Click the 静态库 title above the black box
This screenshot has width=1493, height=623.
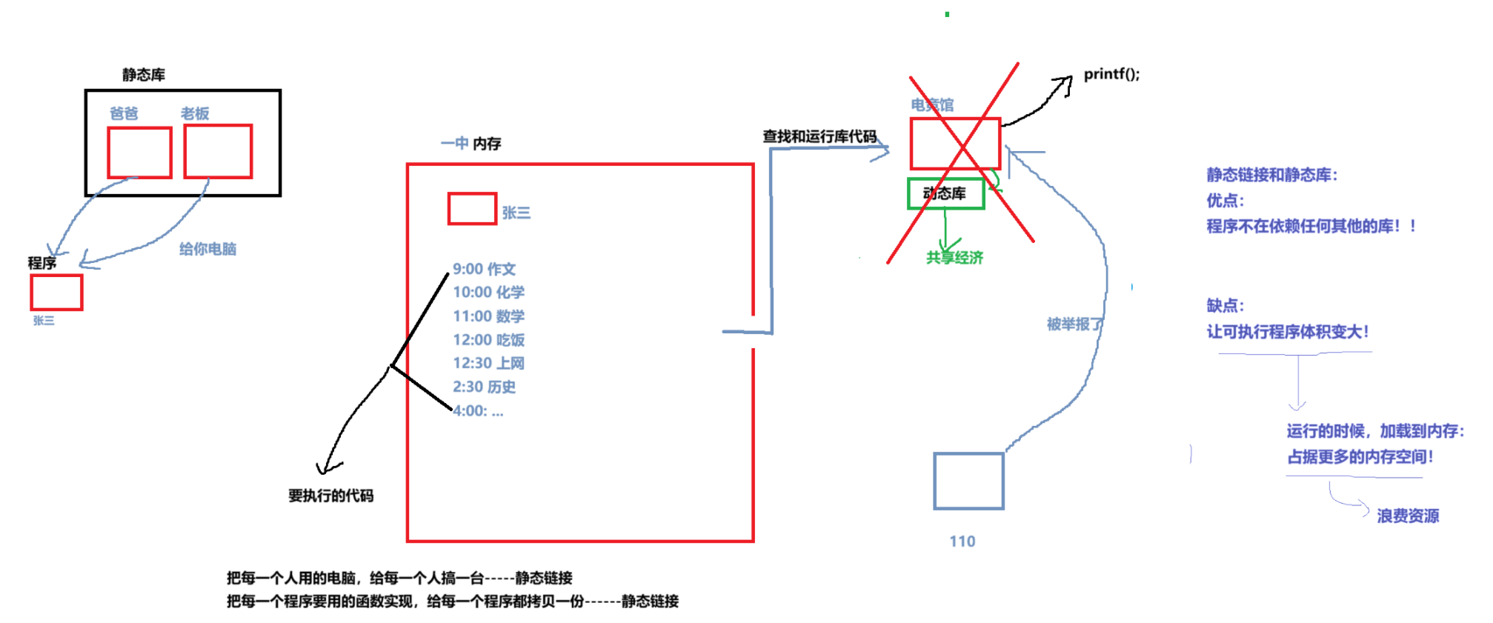point(144,75)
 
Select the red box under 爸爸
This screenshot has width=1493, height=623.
point(139,153)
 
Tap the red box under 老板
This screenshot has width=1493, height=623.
point(218,152)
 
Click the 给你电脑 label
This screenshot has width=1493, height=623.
point(207,249)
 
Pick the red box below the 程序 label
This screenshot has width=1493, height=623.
point(56,293)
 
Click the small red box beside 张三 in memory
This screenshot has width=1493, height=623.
point(472,209)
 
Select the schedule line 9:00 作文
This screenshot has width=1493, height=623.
point(484,269)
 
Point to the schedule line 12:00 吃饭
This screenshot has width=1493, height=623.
point(488,340)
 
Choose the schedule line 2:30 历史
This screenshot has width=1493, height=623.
point(484,387)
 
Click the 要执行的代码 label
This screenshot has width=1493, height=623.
point(330,496)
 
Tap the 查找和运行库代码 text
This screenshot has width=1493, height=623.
point(819,136)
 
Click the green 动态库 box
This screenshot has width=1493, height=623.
point(946,193)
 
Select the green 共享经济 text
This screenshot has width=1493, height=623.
point(954,258)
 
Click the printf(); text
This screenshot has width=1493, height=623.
point(1111,74)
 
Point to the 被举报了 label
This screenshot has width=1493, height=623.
point(1074,324)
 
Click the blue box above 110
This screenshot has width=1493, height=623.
point(968,482)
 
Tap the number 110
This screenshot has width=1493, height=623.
point(962,542)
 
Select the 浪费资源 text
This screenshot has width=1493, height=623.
point(1408,516)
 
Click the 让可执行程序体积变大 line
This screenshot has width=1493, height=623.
point(1288,332)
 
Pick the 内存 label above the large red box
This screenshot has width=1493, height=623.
point(487,144)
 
